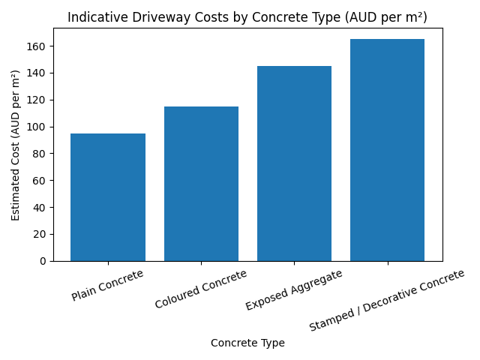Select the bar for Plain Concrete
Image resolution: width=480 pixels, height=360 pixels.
[108, 197]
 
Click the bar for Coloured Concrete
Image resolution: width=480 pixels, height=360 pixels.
[201, 184]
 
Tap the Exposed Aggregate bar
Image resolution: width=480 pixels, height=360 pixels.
[294, 163]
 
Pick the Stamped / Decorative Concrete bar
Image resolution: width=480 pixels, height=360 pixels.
[387, 150]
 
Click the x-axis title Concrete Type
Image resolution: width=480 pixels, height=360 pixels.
[247, 343]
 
